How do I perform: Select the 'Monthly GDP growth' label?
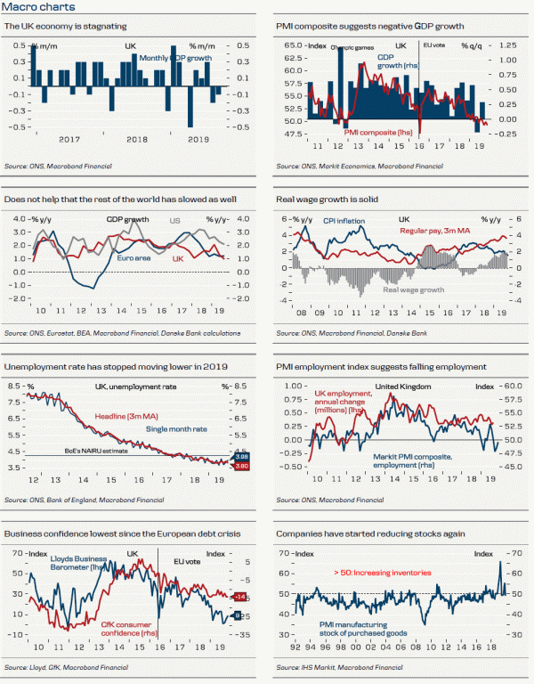(174, 58)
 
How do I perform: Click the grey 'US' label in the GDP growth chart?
(176, 219)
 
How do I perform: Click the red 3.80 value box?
(240, 466)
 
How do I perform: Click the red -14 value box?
(239, 595)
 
